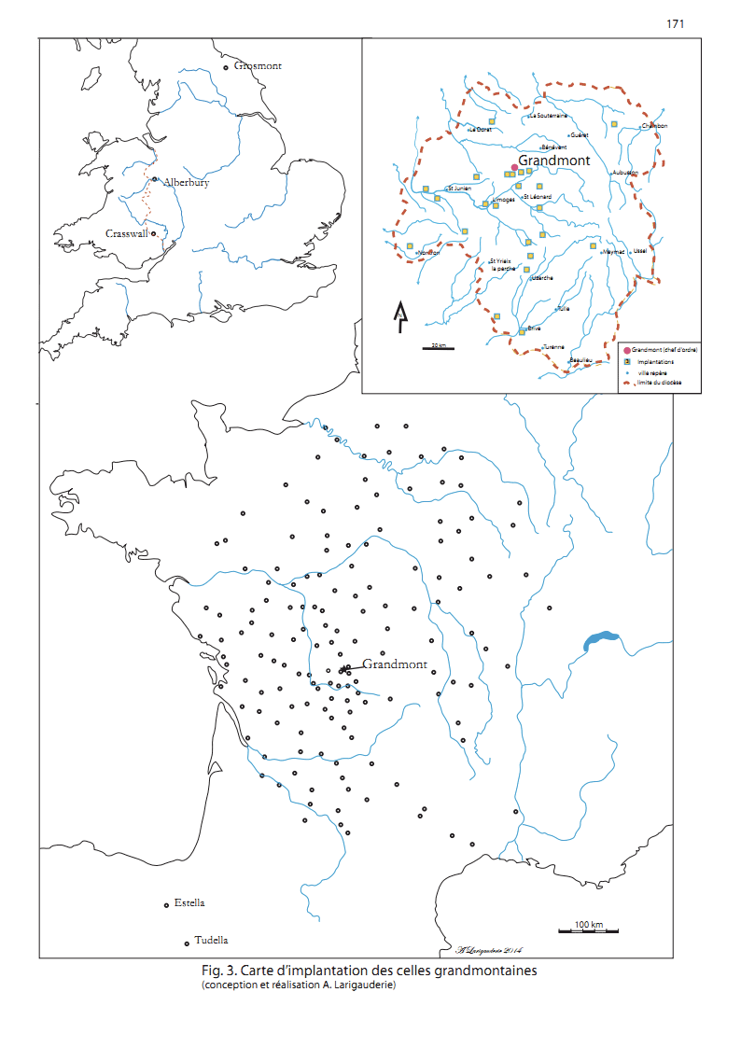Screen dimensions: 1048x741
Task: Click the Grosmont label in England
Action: pyautogui.click(x=258, y=66)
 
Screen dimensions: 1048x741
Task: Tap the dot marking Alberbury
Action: pyautogui.click(x=154, y=180)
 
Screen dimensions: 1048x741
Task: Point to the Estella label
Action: pyautogui.click(x=189, y=902)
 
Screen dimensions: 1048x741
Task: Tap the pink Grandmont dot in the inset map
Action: pyautogui.click(x=513, y=168)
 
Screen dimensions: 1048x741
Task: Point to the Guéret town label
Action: pyautogui.click(x=580, y=135)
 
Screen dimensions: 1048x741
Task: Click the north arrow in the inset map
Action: pyautogui.click(x=399, y=317)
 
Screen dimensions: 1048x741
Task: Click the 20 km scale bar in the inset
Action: pyautogui.click(x=435, y=349)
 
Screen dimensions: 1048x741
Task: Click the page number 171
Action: pyautogui.click(x=676, y=23)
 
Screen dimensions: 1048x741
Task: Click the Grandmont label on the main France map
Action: pyautogui.click(x=395, y=664)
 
